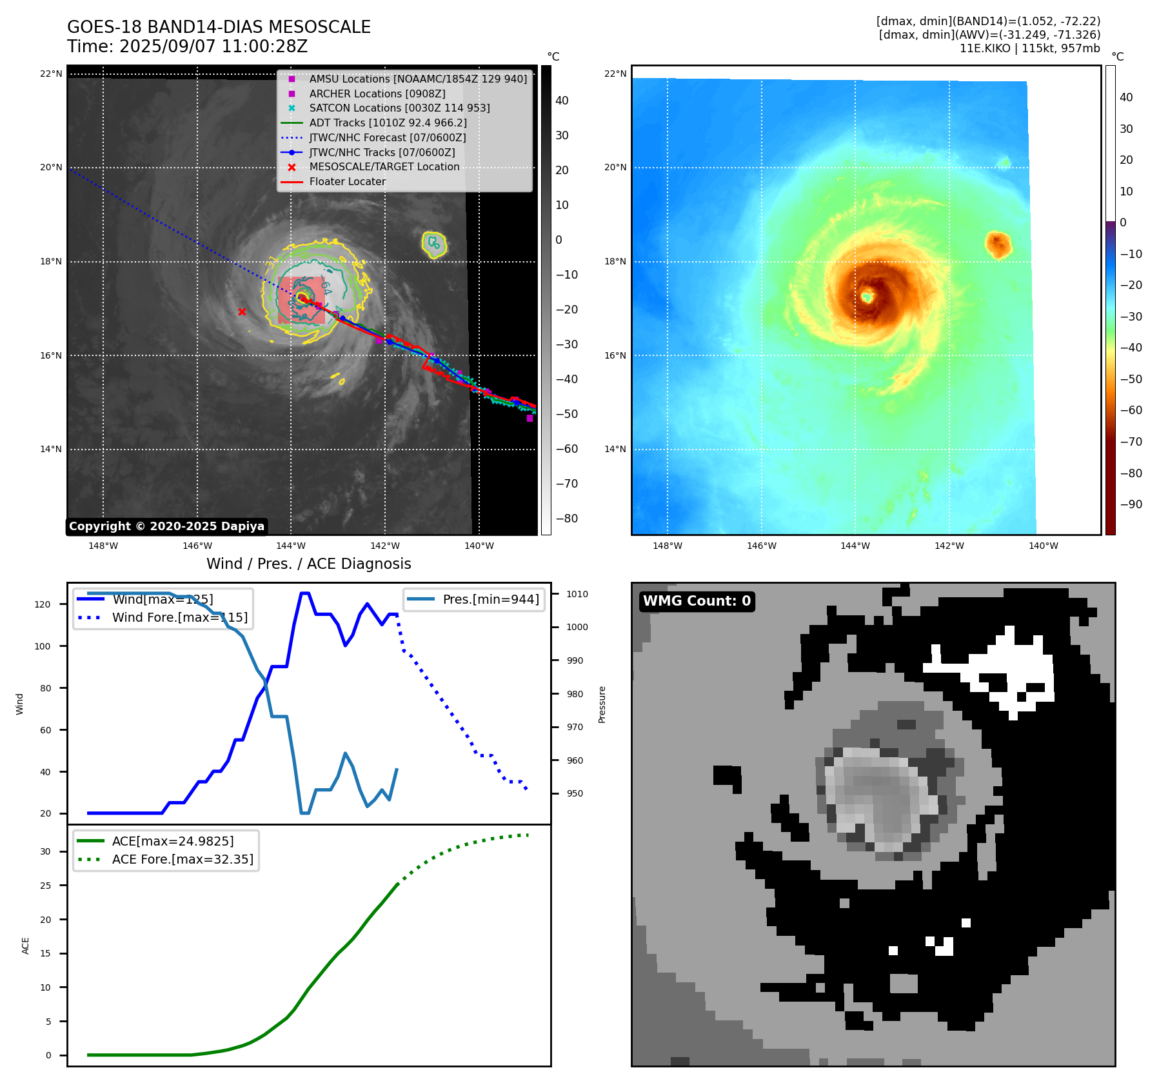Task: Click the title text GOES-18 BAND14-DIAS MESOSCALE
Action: (219, 27)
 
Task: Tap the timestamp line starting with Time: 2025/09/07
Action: (187, 46)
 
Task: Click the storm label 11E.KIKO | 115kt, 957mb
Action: (1029, 48)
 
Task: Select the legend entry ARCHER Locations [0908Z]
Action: (377, 94)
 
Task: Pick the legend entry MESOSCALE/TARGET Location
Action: (384, 167)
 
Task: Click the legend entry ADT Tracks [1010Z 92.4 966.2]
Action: (388, 123)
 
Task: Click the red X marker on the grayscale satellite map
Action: (242, 312)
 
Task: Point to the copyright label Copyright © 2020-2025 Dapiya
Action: (166, 526)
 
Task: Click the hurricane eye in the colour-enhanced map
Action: (867, 297)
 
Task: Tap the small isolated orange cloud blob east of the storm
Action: (998, 244)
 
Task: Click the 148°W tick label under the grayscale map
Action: (103, 546)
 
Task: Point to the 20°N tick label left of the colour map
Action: (615, 168)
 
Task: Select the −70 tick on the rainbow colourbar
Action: (1131, 442)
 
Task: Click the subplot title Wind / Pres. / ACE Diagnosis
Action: (308, 564)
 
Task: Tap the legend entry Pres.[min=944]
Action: (490, 599)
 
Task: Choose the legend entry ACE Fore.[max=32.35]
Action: (183, 859)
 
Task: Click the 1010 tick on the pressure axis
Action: (577, 594)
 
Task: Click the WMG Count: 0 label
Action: (697, 601)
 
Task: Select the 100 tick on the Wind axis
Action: (43, 646)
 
